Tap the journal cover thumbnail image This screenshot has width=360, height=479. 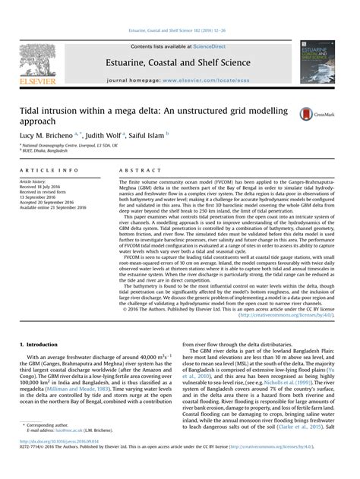pyautogui.click(x=318, y=57)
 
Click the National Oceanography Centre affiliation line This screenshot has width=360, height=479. pyautogui.click(x=68, y=144)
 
